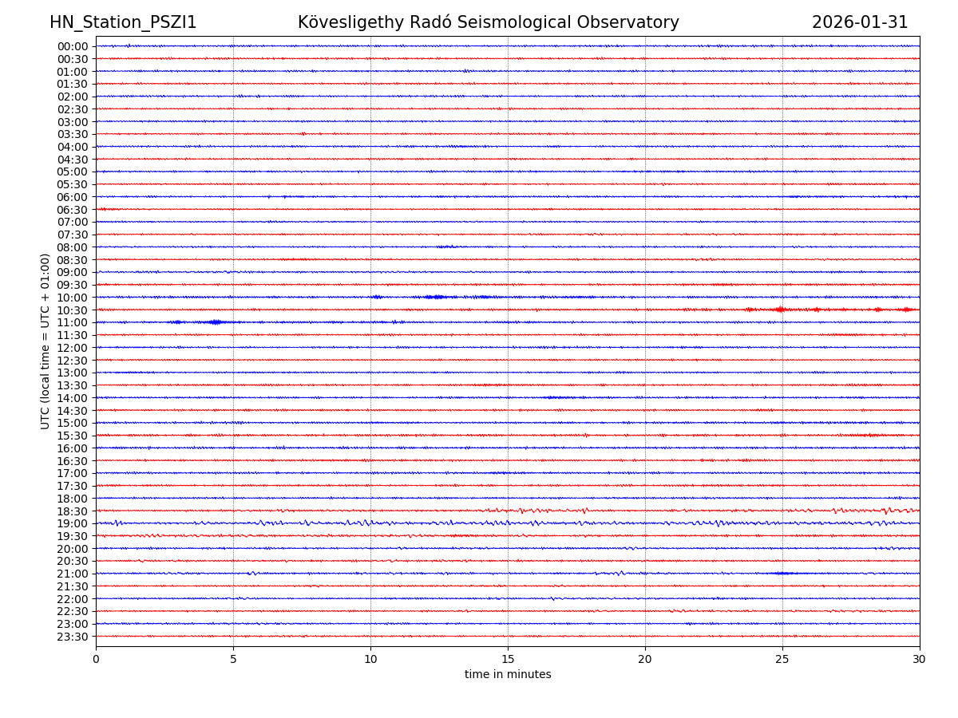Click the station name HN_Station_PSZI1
coord(123,23)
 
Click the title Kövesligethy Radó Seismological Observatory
coord(488,23)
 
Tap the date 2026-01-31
coord(860,23)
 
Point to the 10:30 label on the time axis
coord(73,310)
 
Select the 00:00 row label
coord(73,46)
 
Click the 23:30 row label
coord(73,637)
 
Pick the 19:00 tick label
coord(73,523)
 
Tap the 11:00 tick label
coord(73,322)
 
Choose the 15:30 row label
coord(73,436)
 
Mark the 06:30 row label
coord(73,210)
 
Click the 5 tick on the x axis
coord(233,660)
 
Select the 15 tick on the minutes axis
coord(508,660)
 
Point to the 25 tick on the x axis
coord(782,660)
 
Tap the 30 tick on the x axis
coord(920,660)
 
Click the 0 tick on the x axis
coord(96,660)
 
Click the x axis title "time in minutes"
coord(508,675)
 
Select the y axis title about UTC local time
coord(46,341)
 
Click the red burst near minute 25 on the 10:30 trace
coord(780,310)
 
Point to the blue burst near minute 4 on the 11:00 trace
coord(214,322)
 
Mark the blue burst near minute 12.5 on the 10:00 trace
coord(435,297)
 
